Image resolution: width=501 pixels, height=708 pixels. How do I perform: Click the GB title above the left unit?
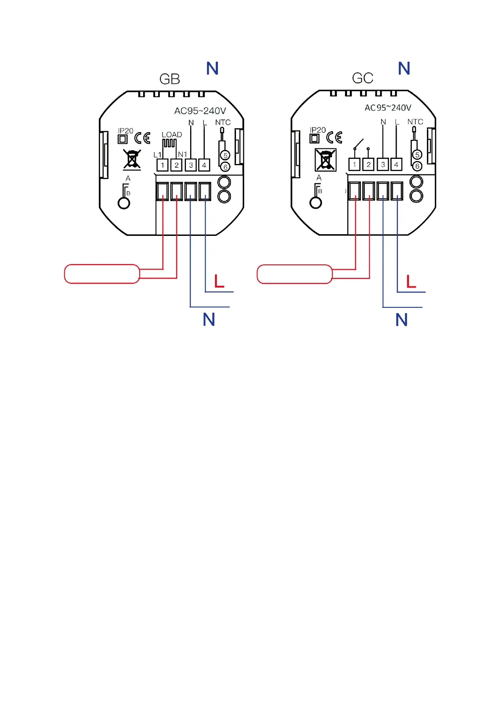coord(170,79)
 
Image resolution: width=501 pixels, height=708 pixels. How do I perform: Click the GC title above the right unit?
coord(363,78)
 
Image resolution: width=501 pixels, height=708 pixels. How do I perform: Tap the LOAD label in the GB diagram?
coord(172,135)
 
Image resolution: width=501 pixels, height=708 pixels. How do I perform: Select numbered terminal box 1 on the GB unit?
coord(162,165)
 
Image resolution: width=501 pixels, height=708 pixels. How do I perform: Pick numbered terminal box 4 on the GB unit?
coord(204,165)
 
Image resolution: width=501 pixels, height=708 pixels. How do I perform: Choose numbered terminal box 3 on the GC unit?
coord(382,164)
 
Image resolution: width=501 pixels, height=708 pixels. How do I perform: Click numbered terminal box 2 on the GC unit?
coord(368,164)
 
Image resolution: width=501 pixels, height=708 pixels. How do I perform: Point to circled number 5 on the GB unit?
coord(225,155)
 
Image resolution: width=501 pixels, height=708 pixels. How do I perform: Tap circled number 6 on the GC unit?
coord(417,166)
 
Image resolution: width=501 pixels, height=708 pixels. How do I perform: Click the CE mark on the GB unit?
coord(142,138)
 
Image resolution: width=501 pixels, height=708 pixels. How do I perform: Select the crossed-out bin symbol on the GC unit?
coord(326,160)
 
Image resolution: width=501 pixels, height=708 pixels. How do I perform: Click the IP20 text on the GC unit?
coord(318,130)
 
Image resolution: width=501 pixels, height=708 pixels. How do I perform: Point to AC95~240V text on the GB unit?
coord(200,111)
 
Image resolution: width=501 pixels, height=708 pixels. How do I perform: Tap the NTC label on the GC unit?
coord(415,122)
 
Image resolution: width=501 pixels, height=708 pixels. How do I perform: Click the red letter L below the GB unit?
coord(219,281)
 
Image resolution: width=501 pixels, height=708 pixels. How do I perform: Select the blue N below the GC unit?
coord(401,320)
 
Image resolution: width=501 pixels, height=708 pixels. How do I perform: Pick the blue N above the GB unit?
coord(212,69)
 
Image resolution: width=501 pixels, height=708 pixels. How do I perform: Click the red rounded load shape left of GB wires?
coord(102,274)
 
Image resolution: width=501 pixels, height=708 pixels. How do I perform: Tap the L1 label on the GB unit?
coord(157,155)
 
